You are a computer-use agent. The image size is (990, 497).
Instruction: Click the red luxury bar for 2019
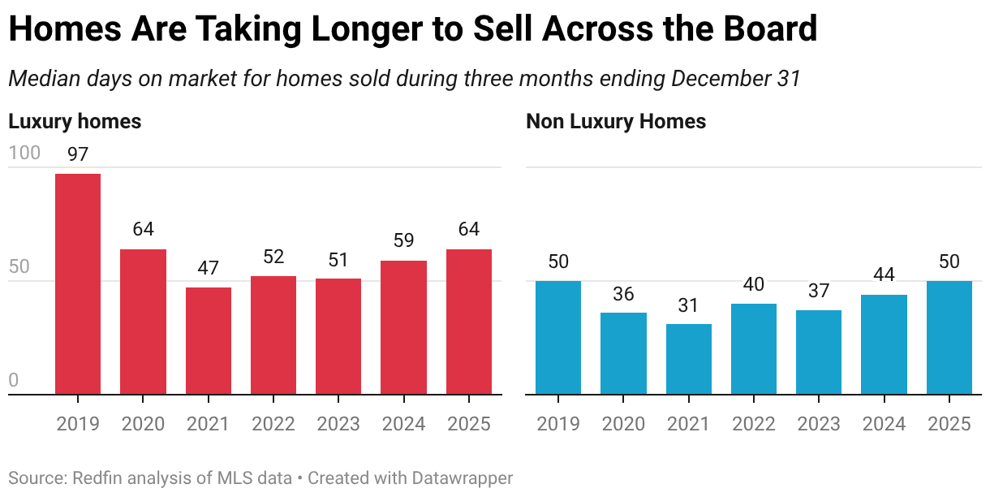pyautogui.click(x=78, y=284)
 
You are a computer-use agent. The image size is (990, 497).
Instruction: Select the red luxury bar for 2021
pyautogui.click(x=209, y=341)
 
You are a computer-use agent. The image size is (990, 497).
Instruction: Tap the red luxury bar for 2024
pyautogui.click(x=403, y=327)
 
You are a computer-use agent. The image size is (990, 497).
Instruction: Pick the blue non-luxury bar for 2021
pyautogui.click(x=689, y=359)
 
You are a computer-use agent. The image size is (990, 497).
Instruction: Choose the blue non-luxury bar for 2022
pyautogui.click(x=754, y=349)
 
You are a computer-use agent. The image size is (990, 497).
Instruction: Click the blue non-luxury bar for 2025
pyautogui.click(x=949, y=338)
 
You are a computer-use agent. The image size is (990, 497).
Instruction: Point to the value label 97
pyautogui.click(x=78, y=154)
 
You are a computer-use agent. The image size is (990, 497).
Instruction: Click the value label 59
pyautogui.click(x=403, y=241)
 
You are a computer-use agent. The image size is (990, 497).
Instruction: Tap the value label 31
pyautogui.click(x=689, y=305)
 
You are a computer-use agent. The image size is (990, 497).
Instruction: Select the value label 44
pyautogui.click(x=884, y=275)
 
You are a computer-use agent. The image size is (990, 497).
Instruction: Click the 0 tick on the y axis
pyautogui.click(x=13, y=380)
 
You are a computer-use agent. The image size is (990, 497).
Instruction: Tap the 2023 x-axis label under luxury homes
pyautogui.click(x=338, y=424)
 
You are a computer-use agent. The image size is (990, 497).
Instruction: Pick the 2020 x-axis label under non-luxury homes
pyautogui.click(x=623, y=424)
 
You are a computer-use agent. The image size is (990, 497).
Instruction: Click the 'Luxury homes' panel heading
pyautogui.click(x=75, y=122)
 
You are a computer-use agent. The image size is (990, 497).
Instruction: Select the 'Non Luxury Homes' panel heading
pyautogui.click(x=616, y=122)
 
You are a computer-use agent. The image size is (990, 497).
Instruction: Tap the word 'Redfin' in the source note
pyautogui.click(x=100, y=478)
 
